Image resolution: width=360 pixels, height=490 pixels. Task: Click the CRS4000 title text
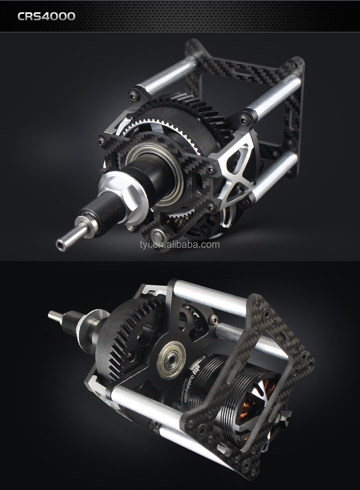click(46, 16)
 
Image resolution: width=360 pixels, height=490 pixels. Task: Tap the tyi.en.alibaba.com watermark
click(180, 244)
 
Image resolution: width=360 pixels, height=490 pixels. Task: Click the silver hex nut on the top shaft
click(123, 190)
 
